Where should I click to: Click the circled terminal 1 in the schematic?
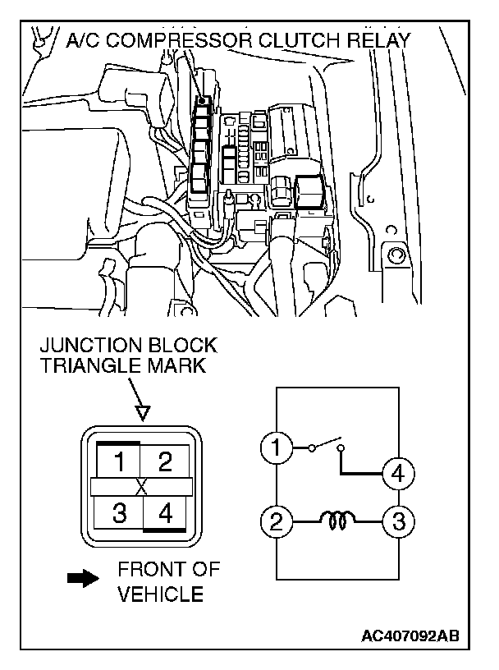(x=277, y=448)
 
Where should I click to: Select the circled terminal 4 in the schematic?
(x=398, y=473)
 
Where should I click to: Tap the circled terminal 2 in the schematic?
(x=277, y=521)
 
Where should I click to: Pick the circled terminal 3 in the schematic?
(x=398, y=521)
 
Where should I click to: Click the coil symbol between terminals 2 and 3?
(x=337, y=519)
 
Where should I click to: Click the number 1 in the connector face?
(x=121, y=462)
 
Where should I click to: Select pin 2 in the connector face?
(x=165, y=462)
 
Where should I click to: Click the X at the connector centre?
(x=142, y=488)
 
